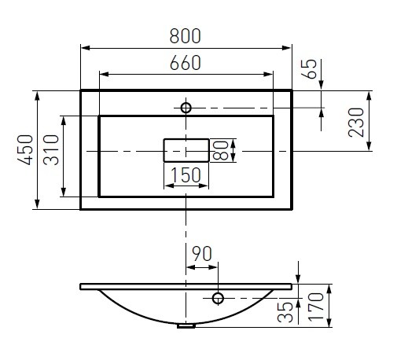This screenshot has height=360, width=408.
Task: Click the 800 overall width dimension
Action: (186, 36)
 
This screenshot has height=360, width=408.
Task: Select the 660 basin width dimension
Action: (186, 63)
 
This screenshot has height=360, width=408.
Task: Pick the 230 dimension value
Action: (357, 122)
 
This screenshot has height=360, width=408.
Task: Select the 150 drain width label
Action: (186, 176)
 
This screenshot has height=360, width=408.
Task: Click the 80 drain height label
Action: (221, 149)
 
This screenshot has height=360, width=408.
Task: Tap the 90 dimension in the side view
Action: (201, 254)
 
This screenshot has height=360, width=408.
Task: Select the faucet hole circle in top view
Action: (186, 108)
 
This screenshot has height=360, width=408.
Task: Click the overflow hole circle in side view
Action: (219, 298)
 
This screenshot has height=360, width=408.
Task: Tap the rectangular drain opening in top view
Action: (186, 149)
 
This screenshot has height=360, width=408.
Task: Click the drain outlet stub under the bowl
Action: (186, 325)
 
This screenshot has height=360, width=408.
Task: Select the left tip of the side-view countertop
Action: (82, 286)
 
